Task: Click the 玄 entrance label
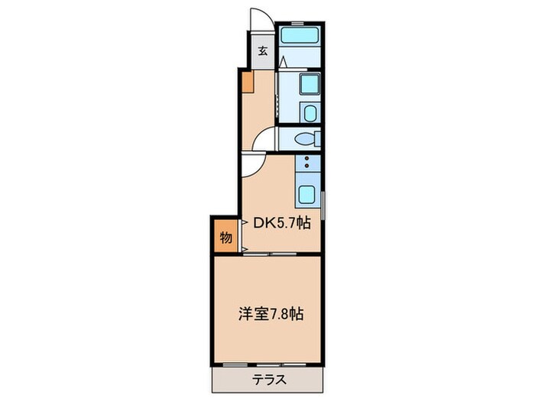[x=262, y=52]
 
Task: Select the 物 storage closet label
[x=226, y=238]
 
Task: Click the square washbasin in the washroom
[x=309, y=85]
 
